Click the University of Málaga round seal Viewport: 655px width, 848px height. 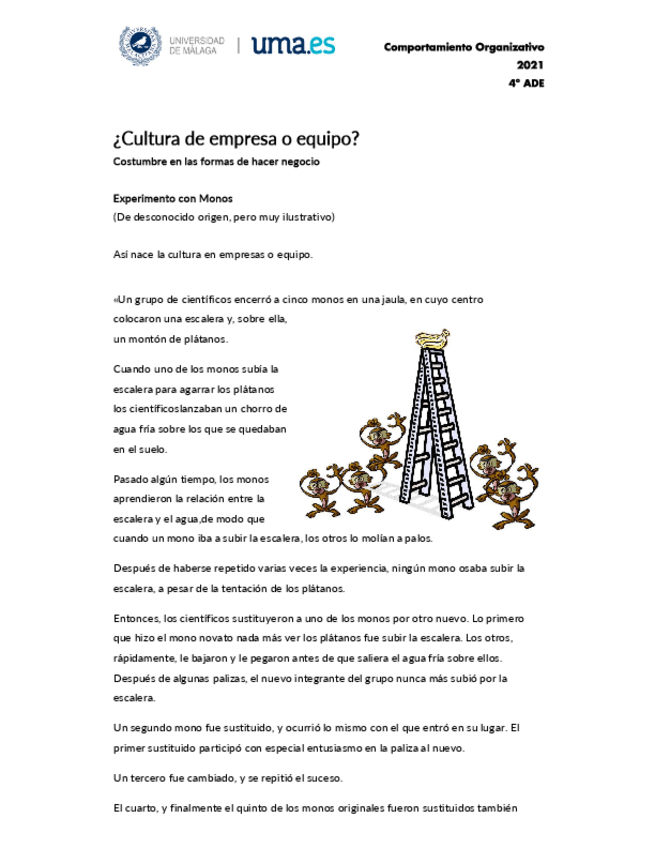coord(140,46)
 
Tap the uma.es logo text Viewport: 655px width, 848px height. coord(292,45)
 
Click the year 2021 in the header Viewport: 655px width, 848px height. coord(530,65)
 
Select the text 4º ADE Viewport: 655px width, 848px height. coord(526,83)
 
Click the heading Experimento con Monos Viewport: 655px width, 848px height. coord(173,198)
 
